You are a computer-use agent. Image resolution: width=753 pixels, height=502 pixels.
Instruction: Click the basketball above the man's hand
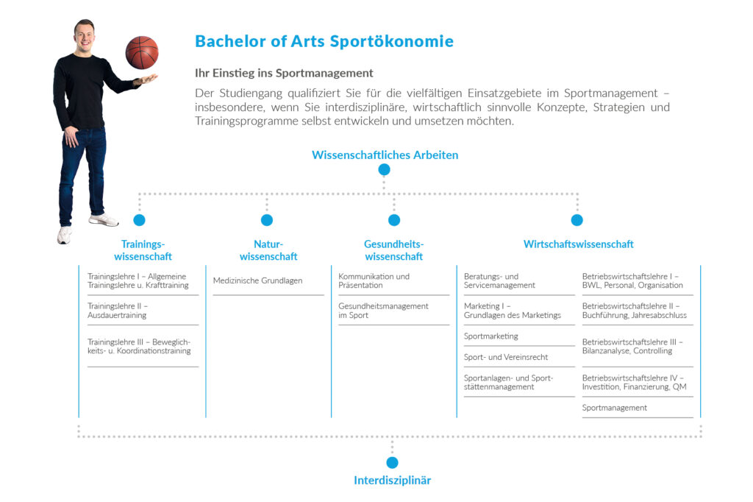coord(142,53)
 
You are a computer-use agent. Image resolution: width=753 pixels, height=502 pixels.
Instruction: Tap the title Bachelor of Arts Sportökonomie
coord(324,41)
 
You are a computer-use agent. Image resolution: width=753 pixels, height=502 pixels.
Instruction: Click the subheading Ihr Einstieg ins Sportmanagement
coord(284,73)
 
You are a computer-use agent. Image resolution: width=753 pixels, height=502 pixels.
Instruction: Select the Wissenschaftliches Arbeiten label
coord(385,155)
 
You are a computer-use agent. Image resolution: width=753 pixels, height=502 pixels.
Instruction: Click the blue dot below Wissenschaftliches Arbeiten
coord(384,170)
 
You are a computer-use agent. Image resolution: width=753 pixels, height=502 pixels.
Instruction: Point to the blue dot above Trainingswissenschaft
coord(139,220)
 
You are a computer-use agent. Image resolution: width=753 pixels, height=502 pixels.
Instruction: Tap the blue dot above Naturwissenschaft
coord(267,220)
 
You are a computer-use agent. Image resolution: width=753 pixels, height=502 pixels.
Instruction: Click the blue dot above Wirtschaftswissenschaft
coord(577,220)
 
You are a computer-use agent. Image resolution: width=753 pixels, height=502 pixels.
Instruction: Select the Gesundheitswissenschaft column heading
coord(394,250)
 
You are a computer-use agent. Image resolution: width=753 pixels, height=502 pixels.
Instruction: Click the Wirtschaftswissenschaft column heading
coord(579,244)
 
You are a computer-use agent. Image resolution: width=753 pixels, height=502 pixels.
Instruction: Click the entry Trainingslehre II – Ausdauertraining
coord(118,311)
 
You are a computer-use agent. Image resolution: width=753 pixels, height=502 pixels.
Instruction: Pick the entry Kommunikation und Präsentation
coord(374,280)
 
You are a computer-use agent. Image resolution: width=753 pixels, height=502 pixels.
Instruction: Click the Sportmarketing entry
coord(491,336)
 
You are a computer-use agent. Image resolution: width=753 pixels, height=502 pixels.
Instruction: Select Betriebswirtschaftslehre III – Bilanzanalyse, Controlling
coord(632,347)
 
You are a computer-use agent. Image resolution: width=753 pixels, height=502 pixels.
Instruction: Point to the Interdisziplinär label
coord(392,481)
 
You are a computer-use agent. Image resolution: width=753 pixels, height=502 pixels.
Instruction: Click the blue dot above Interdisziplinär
coord(392,463)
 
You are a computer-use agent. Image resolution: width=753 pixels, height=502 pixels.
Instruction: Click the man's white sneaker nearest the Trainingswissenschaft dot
coord(103,220)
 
